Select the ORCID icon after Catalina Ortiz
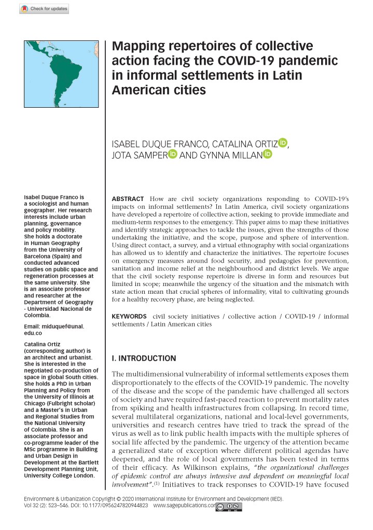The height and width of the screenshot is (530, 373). (x=283, y=141)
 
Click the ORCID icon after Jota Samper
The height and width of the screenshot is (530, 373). (x=173, y=154)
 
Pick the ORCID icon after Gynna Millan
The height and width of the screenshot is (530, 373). (x=268, y=154)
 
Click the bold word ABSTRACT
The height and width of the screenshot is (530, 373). (x=129, y=199)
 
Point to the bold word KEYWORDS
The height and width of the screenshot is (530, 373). (x=130, y=316)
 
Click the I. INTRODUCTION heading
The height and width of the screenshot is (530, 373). (x=144, y=358)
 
